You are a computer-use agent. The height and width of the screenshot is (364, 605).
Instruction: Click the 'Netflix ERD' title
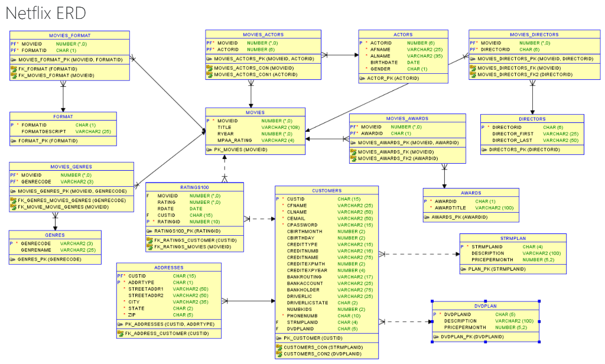pyautogui.click(x=47, y=12)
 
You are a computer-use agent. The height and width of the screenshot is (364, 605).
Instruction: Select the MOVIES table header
pyautogui.click(x=255, y=112)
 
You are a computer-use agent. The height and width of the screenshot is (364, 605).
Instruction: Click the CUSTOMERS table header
pyautogui.click(x=326, y=190)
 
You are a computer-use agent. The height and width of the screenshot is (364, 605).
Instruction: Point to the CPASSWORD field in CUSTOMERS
pyautogui.click(x=302, y=225)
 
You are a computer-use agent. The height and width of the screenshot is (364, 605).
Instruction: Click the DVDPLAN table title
pyautogui.click(x=486, y=305)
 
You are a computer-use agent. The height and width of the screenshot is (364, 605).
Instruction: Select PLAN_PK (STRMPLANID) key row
pyautogui.click(x=496, y=269)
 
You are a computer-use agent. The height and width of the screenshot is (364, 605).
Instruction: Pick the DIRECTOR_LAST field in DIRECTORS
pyautogui.click(x=513, y=140)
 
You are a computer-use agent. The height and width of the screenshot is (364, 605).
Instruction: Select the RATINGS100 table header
pyautogui.click(x=194, y=187)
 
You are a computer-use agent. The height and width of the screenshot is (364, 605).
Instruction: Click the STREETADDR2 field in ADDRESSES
pyautogui.click(x=147, y=295)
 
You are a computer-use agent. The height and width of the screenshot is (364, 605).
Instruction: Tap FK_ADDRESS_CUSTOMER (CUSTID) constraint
pyautogui.click(x=167, y=333)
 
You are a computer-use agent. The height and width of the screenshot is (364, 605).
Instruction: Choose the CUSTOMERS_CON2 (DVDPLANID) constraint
pyautogui.click(x=322, y=353)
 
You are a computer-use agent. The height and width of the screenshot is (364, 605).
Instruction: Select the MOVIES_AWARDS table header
pyautogui.click(x=407, y=118)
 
